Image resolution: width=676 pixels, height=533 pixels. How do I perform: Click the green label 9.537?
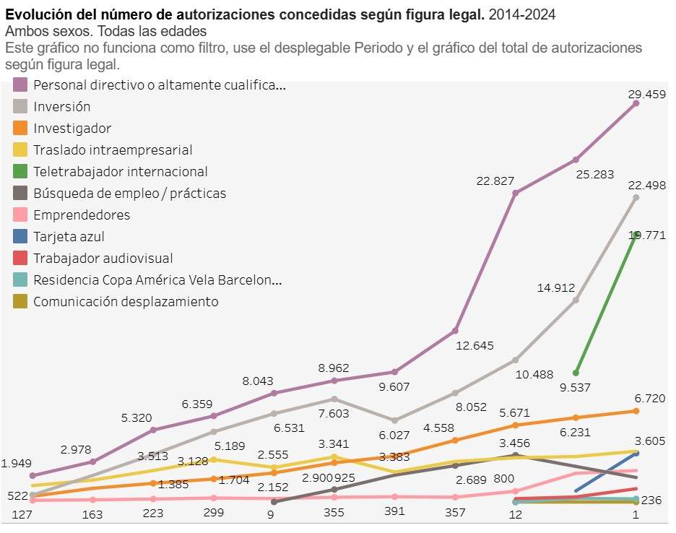pos(575,387)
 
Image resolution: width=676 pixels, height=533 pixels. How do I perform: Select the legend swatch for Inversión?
pos(20,107)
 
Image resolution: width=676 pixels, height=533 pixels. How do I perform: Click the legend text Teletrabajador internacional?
pos(120,172)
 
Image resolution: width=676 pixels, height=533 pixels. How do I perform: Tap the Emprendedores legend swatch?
pos(20,215)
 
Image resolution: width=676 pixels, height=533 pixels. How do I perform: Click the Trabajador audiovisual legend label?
pos(103,259)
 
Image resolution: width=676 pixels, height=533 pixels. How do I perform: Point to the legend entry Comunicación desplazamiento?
pos(126,302)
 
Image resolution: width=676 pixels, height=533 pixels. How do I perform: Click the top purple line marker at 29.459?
pos(636,103)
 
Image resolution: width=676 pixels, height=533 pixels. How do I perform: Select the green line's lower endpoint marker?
pos(576,373)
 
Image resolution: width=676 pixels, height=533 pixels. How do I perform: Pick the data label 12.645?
pos(474,345)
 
